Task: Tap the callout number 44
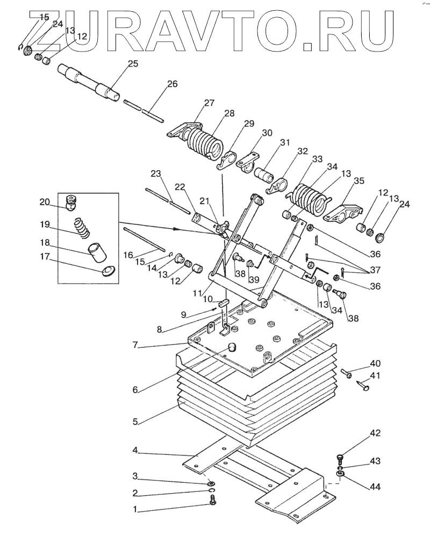coord(375,487)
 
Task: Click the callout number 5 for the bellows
coord(135,422)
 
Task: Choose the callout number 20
coord(45,202)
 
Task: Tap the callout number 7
coord(135,345)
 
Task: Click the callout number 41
coord(375,375)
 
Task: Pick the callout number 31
coord(285,143)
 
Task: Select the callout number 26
coord(172,84)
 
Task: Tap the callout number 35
coord(359,180)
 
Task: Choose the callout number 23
coord(156,173)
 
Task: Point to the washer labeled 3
coord(212,483)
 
